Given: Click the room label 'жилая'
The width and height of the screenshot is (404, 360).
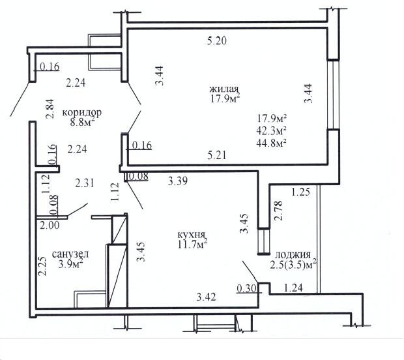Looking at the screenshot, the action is pos(224,89).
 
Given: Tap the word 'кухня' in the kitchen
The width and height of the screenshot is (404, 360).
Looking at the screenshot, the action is pos(191,235).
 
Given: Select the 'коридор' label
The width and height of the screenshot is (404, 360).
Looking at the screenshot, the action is pos(82,113).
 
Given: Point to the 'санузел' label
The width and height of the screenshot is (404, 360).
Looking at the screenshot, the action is pos(70,254).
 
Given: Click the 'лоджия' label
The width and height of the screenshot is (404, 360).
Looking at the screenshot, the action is pos(293,255).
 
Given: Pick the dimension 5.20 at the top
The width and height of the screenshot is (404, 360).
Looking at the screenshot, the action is pos(217,41).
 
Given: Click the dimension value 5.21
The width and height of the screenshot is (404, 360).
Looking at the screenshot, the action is pos(217,155).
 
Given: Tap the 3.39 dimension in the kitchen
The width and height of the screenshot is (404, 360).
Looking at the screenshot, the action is pos(178,181).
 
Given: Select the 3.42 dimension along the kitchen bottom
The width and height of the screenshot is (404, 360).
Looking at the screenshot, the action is pos(206,297).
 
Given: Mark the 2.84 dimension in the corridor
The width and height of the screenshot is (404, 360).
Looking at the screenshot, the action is pos(50,108).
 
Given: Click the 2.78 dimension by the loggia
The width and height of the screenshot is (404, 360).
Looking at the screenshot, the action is pos(278,211).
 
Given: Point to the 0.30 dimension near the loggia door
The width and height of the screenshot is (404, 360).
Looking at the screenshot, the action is pos(246,288).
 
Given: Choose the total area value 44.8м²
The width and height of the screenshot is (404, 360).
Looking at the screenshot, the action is pos(272,142).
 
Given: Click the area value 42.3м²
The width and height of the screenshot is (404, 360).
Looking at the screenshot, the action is pos(272,130).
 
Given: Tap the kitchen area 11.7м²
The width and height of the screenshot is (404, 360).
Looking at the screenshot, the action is pos(192,244).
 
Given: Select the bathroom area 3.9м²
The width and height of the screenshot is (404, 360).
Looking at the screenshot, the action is pos(70,264).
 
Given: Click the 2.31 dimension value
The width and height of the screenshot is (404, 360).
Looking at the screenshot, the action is pos(85,183).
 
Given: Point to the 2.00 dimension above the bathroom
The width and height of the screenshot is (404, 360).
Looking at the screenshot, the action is pos(50,225).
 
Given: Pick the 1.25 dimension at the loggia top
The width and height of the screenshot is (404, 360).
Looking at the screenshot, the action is pos(300,192).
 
